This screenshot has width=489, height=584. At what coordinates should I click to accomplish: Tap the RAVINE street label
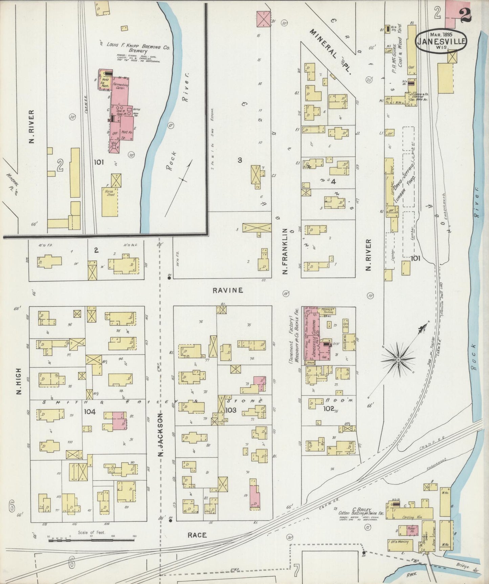click(228, 290)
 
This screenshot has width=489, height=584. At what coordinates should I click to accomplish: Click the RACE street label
click(197, 535)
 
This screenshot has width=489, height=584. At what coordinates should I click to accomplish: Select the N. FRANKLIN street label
click(285, 251)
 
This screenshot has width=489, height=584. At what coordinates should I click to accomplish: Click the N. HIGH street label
click(19, 381)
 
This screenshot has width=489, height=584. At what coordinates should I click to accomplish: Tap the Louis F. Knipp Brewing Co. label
click(138, 46)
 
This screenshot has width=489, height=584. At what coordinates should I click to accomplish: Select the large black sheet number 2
click(466, 15)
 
